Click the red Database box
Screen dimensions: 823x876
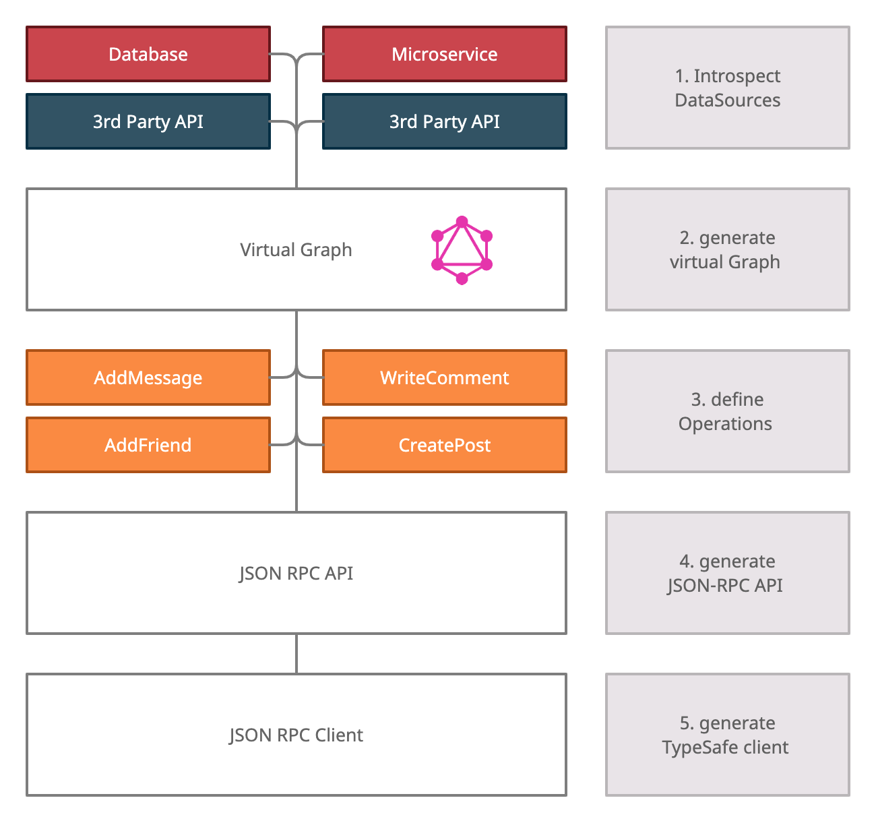pos(148,54)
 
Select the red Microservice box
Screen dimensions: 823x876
pos(445,54)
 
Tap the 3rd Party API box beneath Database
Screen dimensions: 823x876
pos(148,121)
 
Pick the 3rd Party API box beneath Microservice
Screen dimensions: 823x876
pos(445,121)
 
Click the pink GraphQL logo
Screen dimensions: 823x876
pos(462,250)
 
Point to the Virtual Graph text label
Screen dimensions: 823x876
pos(296,250)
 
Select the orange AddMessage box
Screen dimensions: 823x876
pos(148,377)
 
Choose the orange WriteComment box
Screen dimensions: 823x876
pos(445,377)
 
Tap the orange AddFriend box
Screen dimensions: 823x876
pos(148,445)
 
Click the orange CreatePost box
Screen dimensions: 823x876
pos(445,445)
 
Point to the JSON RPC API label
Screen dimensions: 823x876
pos(296,574)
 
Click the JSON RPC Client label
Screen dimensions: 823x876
pos(296,735)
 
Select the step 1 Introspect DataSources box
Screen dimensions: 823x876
pos(728,88)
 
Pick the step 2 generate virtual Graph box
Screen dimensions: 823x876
pos(728,249)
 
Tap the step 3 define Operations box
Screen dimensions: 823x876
pos(728,411)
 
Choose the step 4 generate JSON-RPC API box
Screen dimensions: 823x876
pos(728,573)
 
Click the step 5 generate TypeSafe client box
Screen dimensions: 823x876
pos(728,735)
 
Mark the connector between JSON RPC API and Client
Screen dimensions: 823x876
pos(296,654)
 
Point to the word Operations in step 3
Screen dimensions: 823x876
pos(725,424)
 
